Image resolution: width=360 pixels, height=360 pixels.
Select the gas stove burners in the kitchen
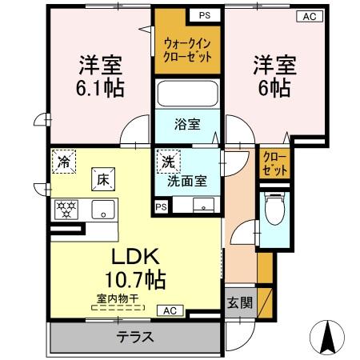click(x=66, y=210)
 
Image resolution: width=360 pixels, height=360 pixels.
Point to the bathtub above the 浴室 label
click(x=187, y=94)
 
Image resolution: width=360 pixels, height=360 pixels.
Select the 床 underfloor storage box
click(x=104, y=179)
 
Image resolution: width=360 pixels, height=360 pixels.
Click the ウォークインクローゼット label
click(x=187, y=51)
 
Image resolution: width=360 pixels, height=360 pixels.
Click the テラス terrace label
click(x=136, y=337)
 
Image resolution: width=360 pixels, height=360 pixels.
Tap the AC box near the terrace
click(x=170, y=310)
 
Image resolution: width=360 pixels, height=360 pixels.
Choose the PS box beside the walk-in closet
click(x=205, y=15)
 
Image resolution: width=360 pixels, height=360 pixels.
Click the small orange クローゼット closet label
click(x=274, y=163)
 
